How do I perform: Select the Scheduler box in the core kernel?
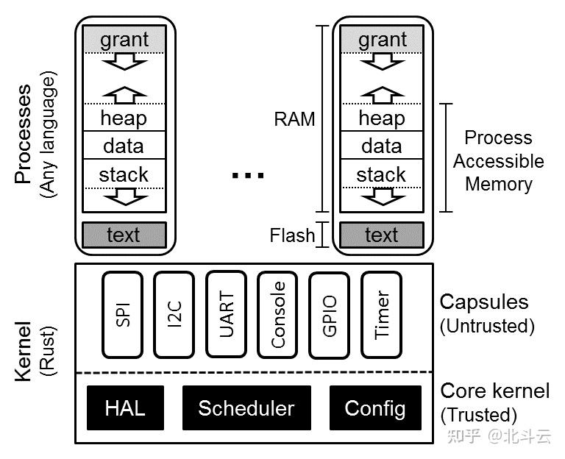(246, 408)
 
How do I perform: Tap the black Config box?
(375, 408)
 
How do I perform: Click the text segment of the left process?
(124, 235)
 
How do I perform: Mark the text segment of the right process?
(381, 235)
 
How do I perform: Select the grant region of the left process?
(124, 39)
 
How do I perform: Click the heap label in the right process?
(381, 118)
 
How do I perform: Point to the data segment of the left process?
(124, 146)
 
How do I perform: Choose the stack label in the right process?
(381, 175)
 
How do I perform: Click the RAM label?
(294, 119)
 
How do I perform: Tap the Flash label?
(292, 235)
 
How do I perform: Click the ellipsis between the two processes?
(247, 175)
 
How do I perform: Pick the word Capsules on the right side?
(483, 302)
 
